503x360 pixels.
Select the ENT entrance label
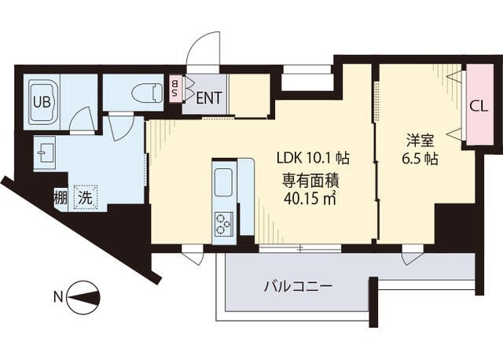coord(207,98)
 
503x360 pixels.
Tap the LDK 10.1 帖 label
coord(311,157)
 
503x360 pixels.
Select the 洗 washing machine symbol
coord(83,197)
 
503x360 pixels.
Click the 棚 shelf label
coord(61,197)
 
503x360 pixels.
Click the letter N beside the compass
coord(57,297)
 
